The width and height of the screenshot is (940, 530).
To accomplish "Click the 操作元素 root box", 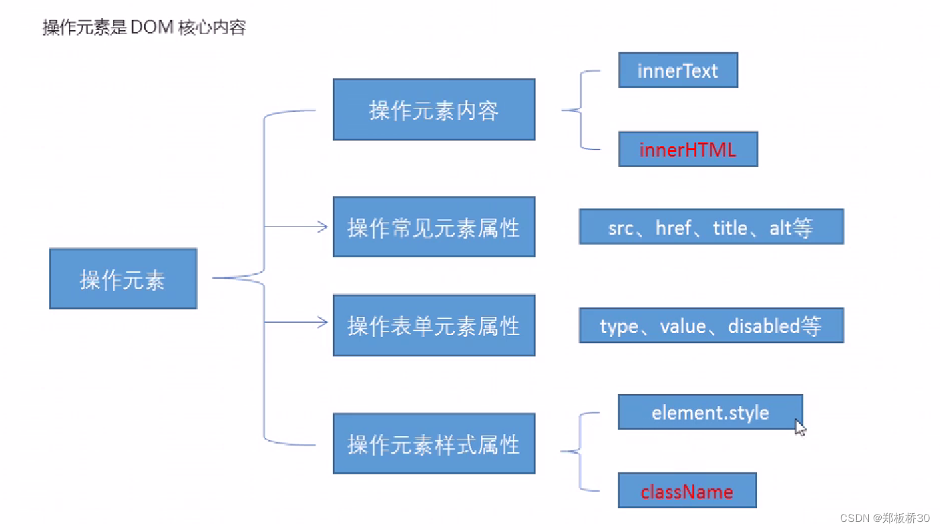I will (x=123, y=279).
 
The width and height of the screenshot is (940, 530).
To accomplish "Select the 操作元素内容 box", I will (x=433, y=110).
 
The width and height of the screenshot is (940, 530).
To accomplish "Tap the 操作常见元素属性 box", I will (x=433, y=228).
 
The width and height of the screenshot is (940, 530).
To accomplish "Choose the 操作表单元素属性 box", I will (x=433, y=326).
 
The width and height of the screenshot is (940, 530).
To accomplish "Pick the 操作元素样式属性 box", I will (x=433, y=444).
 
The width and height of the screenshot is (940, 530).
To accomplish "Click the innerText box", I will (x=677, y=71).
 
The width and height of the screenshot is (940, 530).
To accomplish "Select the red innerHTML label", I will (x=687, y=149).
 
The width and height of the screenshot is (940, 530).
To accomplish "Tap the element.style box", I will (x=710, y=412).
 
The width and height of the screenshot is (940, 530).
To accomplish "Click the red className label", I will (x=687, y=492).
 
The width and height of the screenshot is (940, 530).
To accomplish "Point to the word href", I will (x=673, y=228).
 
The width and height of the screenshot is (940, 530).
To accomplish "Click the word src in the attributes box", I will (x=620, y=228).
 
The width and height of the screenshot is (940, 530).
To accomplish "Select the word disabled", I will (x=764, y=326).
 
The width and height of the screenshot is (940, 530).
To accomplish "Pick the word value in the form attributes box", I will (x=683, y=326).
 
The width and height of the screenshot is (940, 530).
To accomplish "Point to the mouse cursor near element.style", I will (x=799, y=427).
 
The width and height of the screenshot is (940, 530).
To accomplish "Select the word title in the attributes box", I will (x=730, y=228).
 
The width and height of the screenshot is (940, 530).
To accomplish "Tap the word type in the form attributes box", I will (x=618, y=326).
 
